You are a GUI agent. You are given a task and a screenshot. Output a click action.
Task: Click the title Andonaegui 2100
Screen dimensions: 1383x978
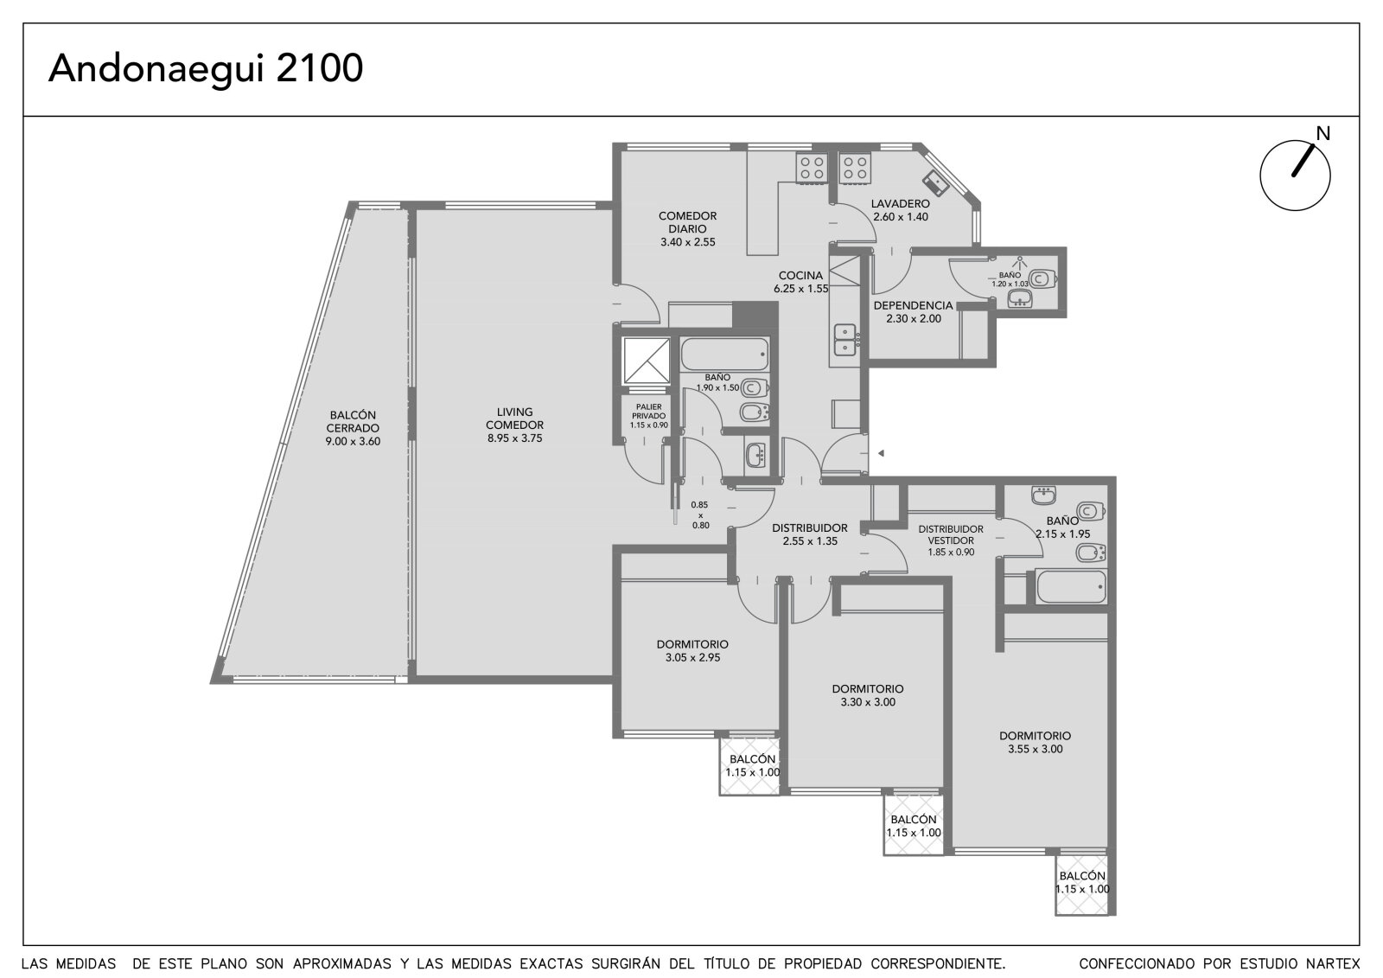206,68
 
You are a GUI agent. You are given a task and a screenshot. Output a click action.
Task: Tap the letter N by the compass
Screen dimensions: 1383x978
1322,133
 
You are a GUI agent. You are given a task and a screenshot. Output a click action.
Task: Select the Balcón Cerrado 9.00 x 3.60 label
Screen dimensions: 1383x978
353,428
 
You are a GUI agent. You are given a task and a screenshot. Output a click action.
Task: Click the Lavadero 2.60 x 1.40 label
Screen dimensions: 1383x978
900,210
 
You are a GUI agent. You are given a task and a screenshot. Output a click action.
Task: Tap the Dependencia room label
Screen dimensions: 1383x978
913,305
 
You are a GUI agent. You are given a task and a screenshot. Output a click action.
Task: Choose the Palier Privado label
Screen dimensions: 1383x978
649,412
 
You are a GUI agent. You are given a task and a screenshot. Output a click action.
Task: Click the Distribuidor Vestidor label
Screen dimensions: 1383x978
951,535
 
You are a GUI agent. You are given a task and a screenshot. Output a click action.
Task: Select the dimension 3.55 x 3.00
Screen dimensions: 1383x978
1036,749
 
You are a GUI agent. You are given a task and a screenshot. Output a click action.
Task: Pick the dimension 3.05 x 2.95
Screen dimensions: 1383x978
692,657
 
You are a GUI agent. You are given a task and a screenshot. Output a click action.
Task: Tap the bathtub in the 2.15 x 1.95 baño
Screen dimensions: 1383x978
1071,586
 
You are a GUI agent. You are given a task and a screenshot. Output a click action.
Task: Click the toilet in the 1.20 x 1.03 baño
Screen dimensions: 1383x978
1044,279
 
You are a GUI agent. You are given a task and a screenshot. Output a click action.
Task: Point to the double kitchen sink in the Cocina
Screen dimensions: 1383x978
846,340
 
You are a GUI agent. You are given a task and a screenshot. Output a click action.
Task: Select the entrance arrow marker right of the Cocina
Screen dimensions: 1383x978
881,453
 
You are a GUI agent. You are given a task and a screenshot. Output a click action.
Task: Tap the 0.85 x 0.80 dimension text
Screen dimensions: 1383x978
700,515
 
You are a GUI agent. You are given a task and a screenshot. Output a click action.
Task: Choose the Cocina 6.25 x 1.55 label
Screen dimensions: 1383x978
800,282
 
